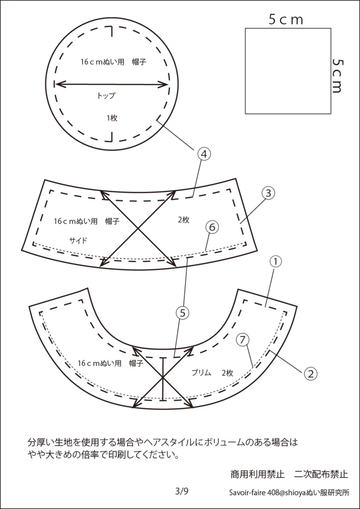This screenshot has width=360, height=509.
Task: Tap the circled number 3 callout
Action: click(268, 193)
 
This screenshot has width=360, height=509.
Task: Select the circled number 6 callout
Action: click(211, 228)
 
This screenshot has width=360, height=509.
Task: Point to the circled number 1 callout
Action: click(275, 261)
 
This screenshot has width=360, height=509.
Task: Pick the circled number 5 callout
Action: click(182, 313)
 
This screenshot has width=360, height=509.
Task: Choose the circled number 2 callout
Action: click(310, 374)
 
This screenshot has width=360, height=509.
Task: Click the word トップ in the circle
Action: click(106, 96)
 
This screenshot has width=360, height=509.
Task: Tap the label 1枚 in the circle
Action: click(112, 118)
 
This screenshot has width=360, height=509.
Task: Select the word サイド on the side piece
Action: click(78, 241)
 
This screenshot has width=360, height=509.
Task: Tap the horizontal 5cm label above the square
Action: click(285, 20)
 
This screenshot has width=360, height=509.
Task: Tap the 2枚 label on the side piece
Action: click(183, 220)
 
